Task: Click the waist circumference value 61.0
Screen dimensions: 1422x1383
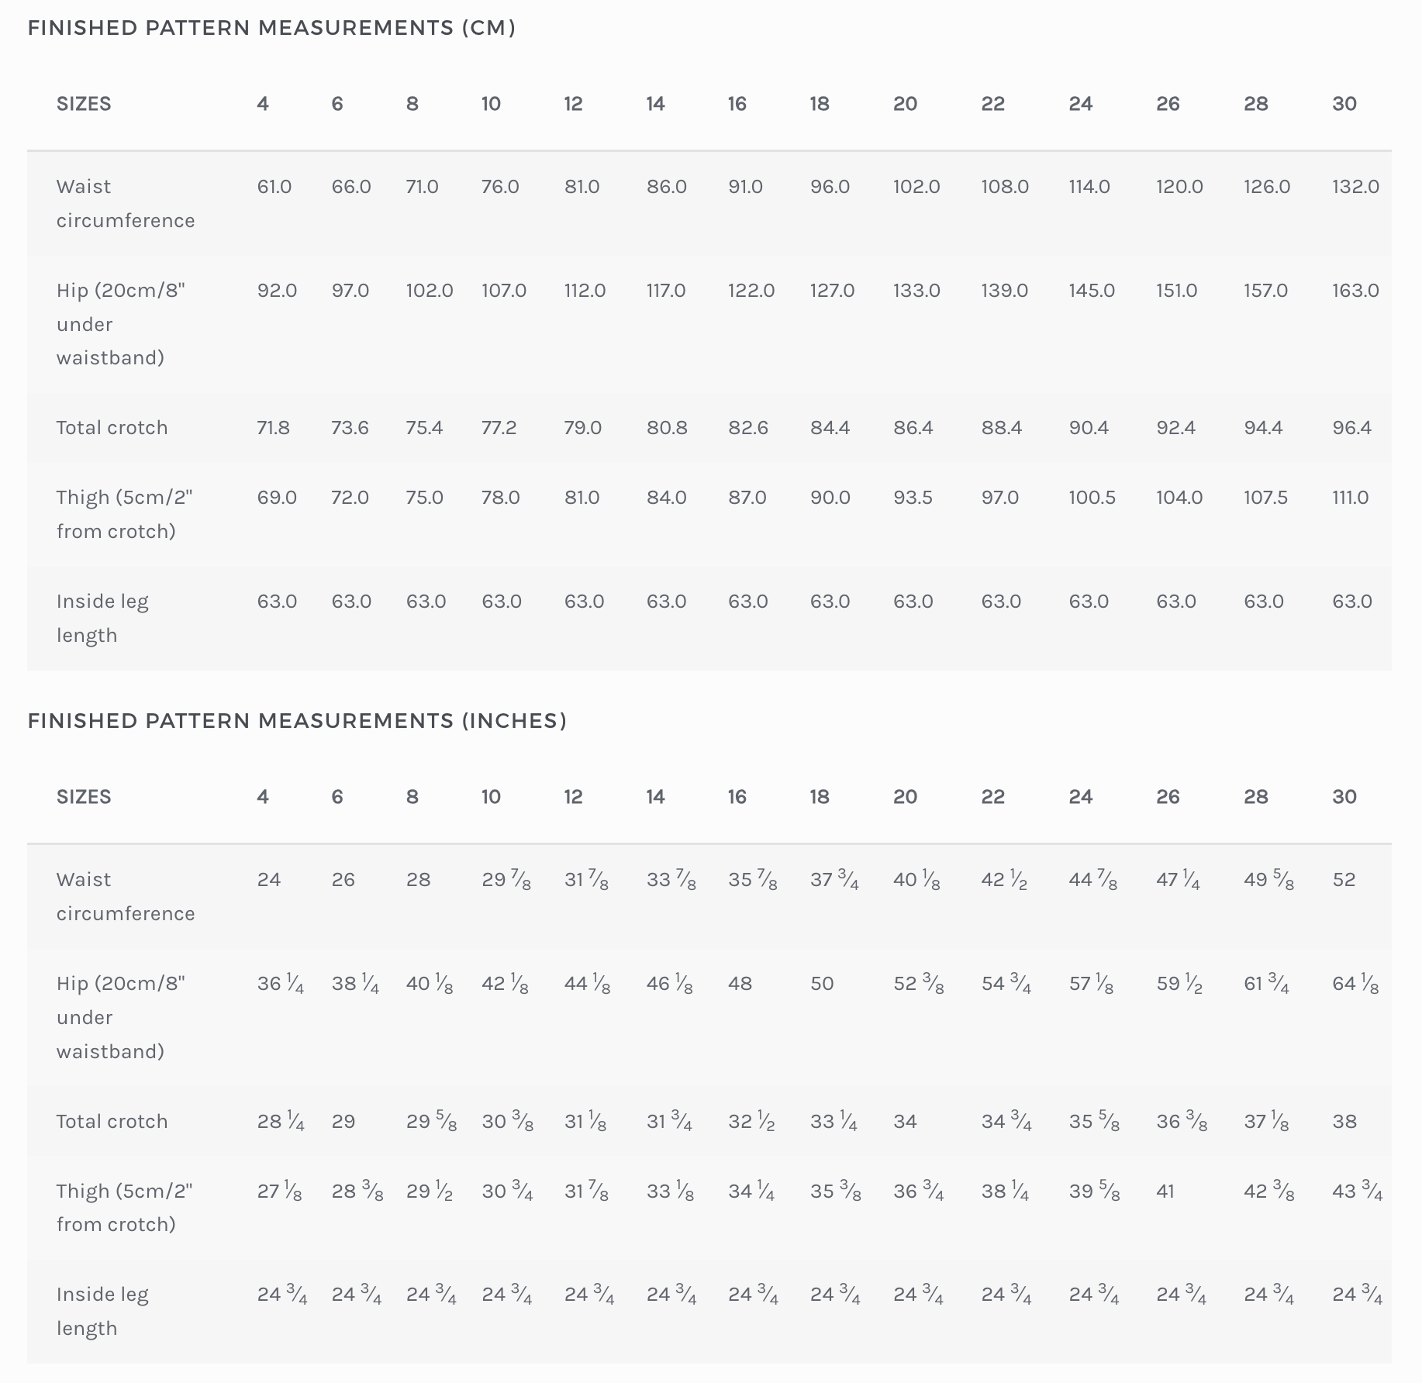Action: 274,187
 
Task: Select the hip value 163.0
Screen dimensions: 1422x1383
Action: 1355,291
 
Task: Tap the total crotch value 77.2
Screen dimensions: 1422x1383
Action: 499,428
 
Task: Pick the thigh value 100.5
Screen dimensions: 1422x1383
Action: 1092,498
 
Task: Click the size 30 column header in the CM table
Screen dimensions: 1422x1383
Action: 1344,104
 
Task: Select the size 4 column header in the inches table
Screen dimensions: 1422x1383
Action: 263,797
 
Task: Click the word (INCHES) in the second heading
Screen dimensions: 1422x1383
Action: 515,721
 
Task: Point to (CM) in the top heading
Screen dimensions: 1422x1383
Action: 489,28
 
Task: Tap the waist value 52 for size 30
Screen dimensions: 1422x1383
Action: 1344,880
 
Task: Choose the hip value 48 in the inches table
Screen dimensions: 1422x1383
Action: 740,984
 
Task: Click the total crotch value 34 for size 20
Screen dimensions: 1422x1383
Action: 905,1122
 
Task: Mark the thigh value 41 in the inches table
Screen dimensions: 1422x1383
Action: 1165,1192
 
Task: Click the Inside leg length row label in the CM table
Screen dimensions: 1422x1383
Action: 102,619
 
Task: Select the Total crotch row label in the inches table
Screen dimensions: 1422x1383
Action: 112,1122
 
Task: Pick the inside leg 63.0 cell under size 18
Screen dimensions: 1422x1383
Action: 830,602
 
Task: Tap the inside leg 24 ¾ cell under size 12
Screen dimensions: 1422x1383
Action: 589,1295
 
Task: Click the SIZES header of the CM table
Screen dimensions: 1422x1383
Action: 84,104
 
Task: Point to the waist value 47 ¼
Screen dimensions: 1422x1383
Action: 1178,880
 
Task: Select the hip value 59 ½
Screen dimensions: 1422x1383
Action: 1179,984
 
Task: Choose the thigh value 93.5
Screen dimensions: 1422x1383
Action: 913,498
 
